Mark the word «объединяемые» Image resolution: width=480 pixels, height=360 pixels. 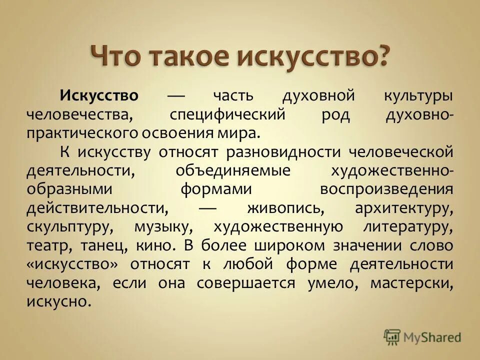point(233,170)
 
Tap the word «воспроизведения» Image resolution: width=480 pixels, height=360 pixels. point(386,189)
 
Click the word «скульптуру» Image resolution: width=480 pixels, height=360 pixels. point(69,227)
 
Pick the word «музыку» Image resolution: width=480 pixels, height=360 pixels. point(162,227)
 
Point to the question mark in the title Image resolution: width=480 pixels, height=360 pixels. point(380,55)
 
